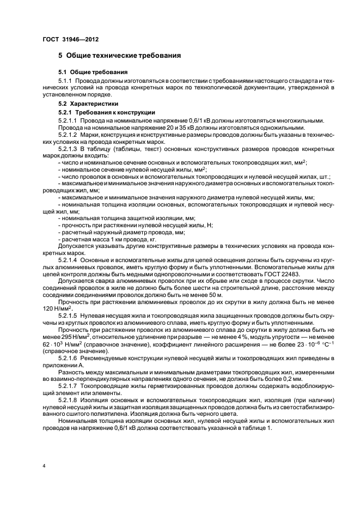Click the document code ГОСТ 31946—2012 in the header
coord(71,38)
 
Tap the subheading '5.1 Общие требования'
coord(93,72)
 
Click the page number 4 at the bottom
coord(45,466)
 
